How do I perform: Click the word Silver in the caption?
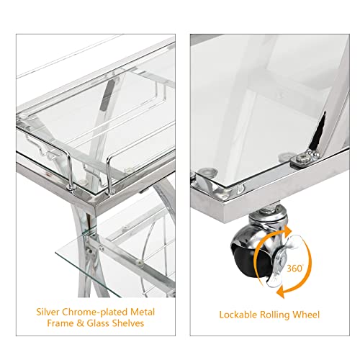(x=48, y=312)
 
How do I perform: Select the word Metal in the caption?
(x=143, y=312)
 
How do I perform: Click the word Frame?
(x=60, y=323)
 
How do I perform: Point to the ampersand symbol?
(x=80, y=323)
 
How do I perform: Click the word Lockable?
(x=238, y=315)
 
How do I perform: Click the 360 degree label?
(x=295, y=268)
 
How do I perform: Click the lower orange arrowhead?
(x=280, y=293)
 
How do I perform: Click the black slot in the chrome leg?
(x=318, y=131)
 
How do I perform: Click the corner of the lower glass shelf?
(x=55, y=253)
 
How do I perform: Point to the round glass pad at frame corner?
(x=207, y=172)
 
